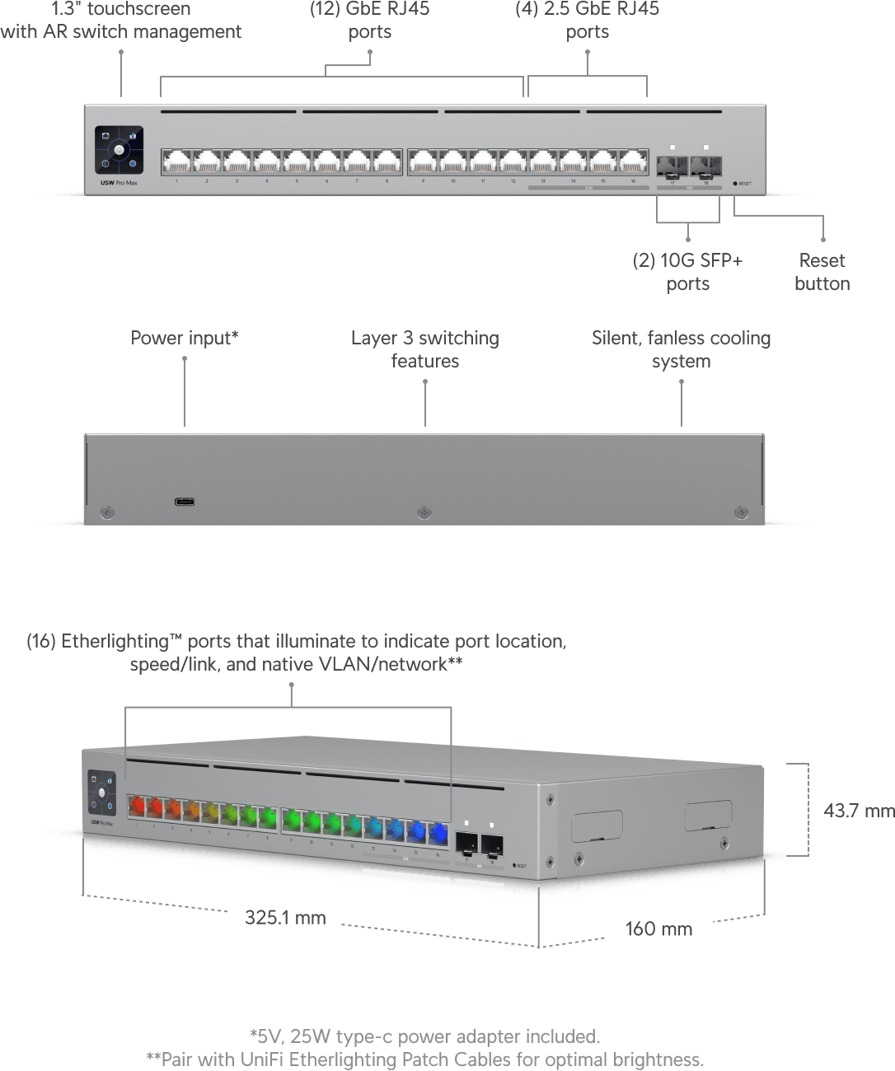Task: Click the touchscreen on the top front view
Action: tap(119, 150)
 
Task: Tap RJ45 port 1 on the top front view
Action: tap(176, 161)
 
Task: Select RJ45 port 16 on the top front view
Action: tap(633, 161)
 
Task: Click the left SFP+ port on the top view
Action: tap(672, 166)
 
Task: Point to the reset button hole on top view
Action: tap(735, 184)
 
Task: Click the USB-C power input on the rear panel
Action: tap(185, 501)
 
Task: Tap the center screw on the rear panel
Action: tap(424, 512)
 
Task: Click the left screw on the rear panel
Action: tap(107, 512)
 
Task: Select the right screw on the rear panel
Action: tap(741, 512)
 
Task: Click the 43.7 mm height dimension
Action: tap(858, 811)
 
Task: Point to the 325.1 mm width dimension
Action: tap(285, 918)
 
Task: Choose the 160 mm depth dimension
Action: tap(658, 929)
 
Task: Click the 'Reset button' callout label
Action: tap(822, 272)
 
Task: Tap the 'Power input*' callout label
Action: tap(185, 338)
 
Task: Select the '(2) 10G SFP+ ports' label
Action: tap(688, 272)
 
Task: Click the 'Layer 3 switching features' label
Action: tap(425, 349)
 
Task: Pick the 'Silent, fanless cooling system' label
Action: tap(681, 349)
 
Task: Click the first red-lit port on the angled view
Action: tap(137, 806)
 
